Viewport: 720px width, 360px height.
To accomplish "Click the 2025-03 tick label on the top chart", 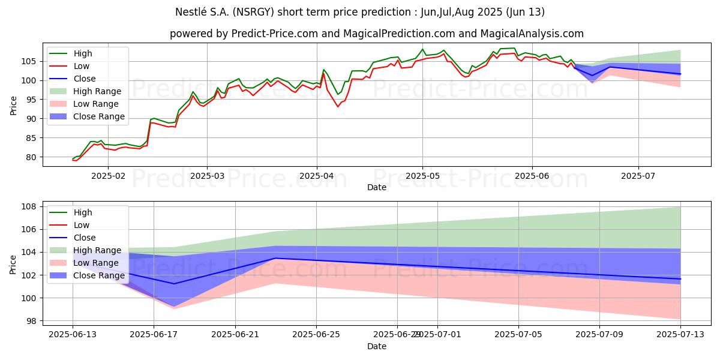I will (x=207, y=175).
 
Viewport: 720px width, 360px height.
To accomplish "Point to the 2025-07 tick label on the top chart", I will (x=638, y=175).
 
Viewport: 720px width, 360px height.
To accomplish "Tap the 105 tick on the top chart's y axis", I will (x=31, y=61).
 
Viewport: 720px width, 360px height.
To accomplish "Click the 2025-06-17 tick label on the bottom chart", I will (x=154, y=334).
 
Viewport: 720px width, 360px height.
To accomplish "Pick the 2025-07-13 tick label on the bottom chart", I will (x=680, y=334).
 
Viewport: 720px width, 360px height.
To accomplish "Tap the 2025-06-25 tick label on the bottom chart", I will (x=316, y=334).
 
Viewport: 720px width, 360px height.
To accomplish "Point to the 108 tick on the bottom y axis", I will (x=31, y=207).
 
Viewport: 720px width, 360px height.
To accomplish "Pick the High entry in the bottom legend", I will (x=83, y=212).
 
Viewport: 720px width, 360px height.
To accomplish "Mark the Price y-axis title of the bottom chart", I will (x=13, y=264).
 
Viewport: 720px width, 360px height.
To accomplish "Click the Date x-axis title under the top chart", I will (x=376, y=187).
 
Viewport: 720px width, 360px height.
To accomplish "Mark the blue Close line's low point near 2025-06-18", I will (x=174, y=284).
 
